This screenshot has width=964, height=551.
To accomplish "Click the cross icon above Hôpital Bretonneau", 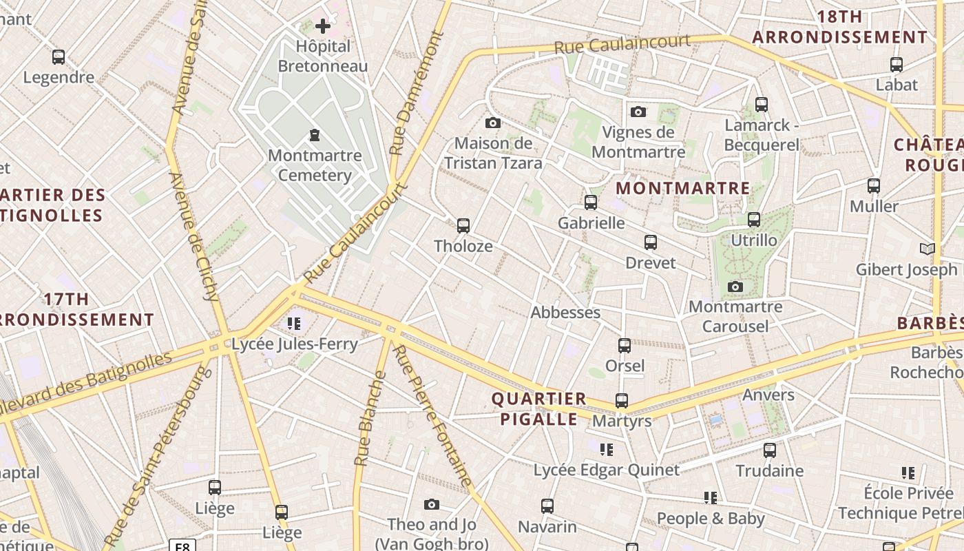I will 323,27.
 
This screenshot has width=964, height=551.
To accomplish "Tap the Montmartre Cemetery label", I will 315,165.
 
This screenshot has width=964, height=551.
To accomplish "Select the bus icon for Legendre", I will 59,57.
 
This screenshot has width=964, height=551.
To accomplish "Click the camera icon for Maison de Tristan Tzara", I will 493,123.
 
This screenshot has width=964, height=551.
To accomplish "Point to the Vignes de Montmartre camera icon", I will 638,112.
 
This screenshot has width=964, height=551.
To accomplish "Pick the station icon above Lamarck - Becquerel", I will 761,105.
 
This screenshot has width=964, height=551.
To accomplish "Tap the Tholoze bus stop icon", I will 463,226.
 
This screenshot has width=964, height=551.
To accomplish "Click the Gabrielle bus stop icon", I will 591,202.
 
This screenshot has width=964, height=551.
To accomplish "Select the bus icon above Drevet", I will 651,242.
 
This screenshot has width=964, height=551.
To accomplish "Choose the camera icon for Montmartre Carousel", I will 735,287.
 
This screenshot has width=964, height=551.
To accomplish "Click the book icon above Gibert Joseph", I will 928,249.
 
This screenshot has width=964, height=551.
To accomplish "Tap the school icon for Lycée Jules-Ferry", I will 295,324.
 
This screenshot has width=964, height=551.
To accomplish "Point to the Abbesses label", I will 565,313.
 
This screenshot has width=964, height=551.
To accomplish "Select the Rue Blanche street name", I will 369,419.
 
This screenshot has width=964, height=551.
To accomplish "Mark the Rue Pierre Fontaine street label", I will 432,416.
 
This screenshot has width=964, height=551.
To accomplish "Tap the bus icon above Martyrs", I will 622,401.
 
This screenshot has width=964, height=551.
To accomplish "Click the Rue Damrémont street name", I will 416,93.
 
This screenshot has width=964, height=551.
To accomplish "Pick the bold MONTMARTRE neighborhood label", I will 682,188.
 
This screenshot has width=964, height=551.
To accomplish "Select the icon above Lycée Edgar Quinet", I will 607,450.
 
